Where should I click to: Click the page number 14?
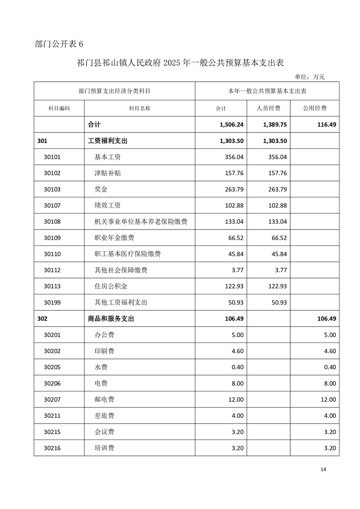point(323,469)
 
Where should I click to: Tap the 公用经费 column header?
point(315,108)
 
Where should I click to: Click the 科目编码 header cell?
point(59,108)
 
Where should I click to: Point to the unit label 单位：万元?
point(310,77)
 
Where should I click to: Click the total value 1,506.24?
point(232,124)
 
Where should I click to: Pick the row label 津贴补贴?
point(108,173)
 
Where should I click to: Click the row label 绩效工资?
point(108,206)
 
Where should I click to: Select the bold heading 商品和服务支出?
point(111,319)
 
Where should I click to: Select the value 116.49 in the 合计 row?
point(325,124)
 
